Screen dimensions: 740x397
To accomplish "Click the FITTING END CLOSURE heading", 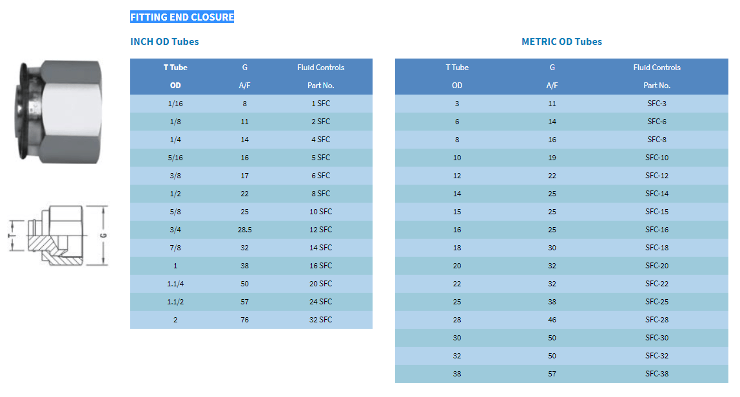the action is pyautogui.click(x=182, y=17).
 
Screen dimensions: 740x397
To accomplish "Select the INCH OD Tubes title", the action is pyautogui.click(x=164, y=41).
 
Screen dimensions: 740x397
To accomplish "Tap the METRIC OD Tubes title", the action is pyautogui.click(x=561, y=41).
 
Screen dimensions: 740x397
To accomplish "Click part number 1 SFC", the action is pyautogui.click(x=320, y=104).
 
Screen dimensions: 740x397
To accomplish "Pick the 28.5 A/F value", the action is pyautogui.click(x=244, y=230).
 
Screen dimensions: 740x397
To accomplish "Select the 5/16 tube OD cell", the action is pyautogui.click(x=175, y=158).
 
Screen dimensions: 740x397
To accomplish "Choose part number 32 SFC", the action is pyautogui.click(x=320, y=320).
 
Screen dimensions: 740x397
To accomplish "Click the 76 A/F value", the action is pyautogui.click(x=244, y=320).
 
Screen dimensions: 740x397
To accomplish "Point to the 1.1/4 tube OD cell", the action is pyautogui.click(x=175, y=284).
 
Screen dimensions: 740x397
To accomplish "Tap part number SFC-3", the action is pyautogui.click(x=657, y=104).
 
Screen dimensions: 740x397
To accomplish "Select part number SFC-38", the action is pyautogui.click(x=657, y=374).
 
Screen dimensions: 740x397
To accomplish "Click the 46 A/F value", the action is pyautogui.click(x=552, y=320).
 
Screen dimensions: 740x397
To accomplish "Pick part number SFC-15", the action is pyautogui.click(x=657, y=212).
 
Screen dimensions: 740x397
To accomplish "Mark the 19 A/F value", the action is pyautogui.click(x=552, y=158).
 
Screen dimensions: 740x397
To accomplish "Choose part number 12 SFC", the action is pyautogui.click(x=320, y=230).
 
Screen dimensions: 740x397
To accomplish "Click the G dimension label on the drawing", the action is pyautogui.click(x=103, y=235).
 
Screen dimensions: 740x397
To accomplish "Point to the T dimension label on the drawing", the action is pyautogui.click(x=10, y=235).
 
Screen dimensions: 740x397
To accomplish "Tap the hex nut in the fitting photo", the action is pyautogui.click(x=71, y=112).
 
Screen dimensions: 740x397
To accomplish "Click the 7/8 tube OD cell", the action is pyautogui.click(x=175, y=248).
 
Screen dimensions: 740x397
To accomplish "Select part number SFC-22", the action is pyautogui.click(x=657, y=284).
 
